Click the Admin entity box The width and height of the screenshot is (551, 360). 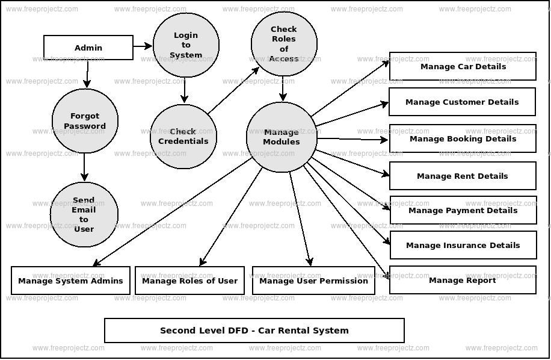coord(88,48)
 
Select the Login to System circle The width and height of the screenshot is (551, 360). coord(186,45)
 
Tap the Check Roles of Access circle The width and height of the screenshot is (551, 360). coord(284,44)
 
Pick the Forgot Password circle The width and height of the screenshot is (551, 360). coord(85,121)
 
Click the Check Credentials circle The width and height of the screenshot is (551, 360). coord(183,136)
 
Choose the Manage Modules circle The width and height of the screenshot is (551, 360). coord(282,137)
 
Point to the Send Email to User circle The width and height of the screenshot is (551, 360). coord(84,214)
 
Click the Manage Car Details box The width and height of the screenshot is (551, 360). coord(463,66)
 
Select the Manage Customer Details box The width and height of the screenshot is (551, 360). coord(462,102)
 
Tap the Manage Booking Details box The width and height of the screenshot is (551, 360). coord(463,138)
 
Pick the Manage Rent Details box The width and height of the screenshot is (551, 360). coord(463,176)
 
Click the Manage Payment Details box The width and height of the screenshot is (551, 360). coord(463,210)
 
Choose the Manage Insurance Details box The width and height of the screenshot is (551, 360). coord(463,245)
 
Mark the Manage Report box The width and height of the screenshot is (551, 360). coord(463,280)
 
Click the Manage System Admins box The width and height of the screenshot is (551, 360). coord(70,281)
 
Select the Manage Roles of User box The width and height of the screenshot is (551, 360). coord(189,281)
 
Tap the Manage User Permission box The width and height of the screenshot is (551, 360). coord(313,281)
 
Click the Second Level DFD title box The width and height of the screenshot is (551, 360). coord(254,331)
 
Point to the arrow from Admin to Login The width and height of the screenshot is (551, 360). coord(143,46)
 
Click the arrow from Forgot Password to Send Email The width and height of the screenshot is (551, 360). coord(84,167)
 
